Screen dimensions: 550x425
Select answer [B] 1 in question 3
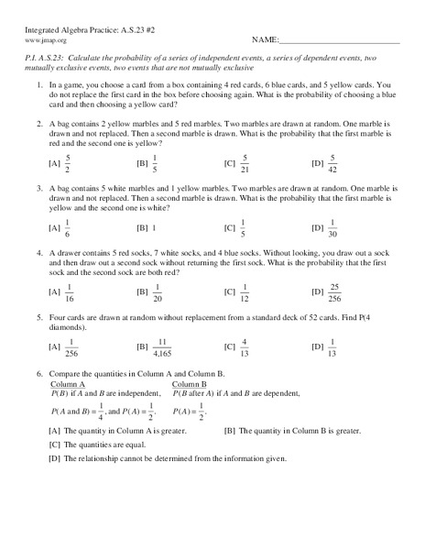click(146, 227)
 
